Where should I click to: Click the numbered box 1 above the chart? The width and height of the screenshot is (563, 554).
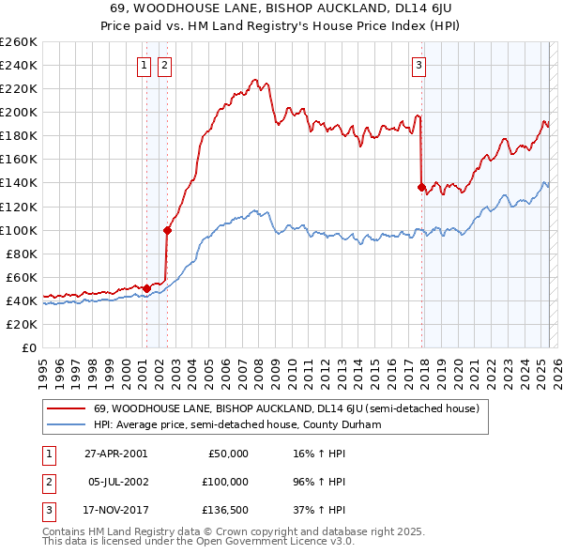pos(145,65)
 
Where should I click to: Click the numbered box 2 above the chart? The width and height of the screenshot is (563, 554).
pos(164,65)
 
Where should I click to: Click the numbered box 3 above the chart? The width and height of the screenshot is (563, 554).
pos(418,65)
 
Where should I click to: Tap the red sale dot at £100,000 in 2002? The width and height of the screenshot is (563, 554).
pos(167,229)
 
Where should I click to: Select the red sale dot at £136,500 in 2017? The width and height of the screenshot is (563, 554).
pos(421,186)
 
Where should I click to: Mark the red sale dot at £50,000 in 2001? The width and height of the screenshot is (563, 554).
pos(146,288)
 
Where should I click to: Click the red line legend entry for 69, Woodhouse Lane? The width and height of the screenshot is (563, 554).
pos(286,408)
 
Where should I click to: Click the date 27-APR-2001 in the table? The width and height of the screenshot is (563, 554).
pos(116,454)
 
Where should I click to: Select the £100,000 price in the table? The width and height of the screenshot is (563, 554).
pos(225,481)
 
